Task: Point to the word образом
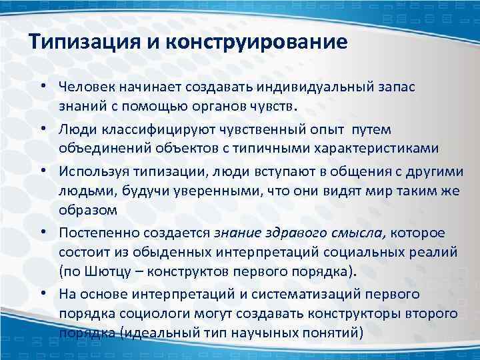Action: point(87,211)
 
